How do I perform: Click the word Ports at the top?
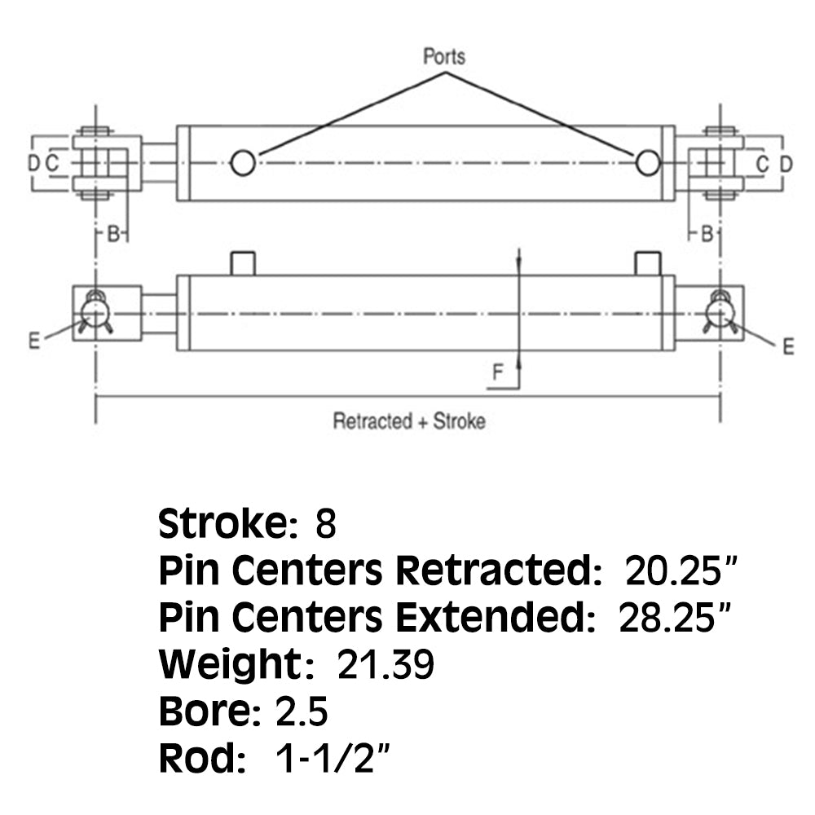(x=444, y=57)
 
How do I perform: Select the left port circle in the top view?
(x=242, y=163)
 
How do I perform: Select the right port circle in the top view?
(x=648, y=163)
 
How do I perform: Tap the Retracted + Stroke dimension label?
(x=408, y=421)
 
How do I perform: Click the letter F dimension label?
(x=497, y=374)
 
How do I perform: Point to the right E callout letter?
(x=787, y=346)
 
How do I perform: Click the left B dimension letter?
(x=114, y=235)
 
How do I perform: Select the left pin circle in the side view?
(x=95, y=311)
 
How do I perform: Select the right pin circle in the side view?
(x=720, y=311)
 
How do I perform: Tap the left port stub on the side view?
(x=243, y=263)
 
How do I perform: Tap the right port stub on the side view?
(x=647, y=263)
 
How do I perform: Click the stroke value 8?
(x=325, y=524)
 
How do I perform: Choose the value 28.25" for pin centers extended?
(x=672, y=619)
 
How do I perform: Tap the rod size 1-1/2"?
(x=330, y=760)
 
